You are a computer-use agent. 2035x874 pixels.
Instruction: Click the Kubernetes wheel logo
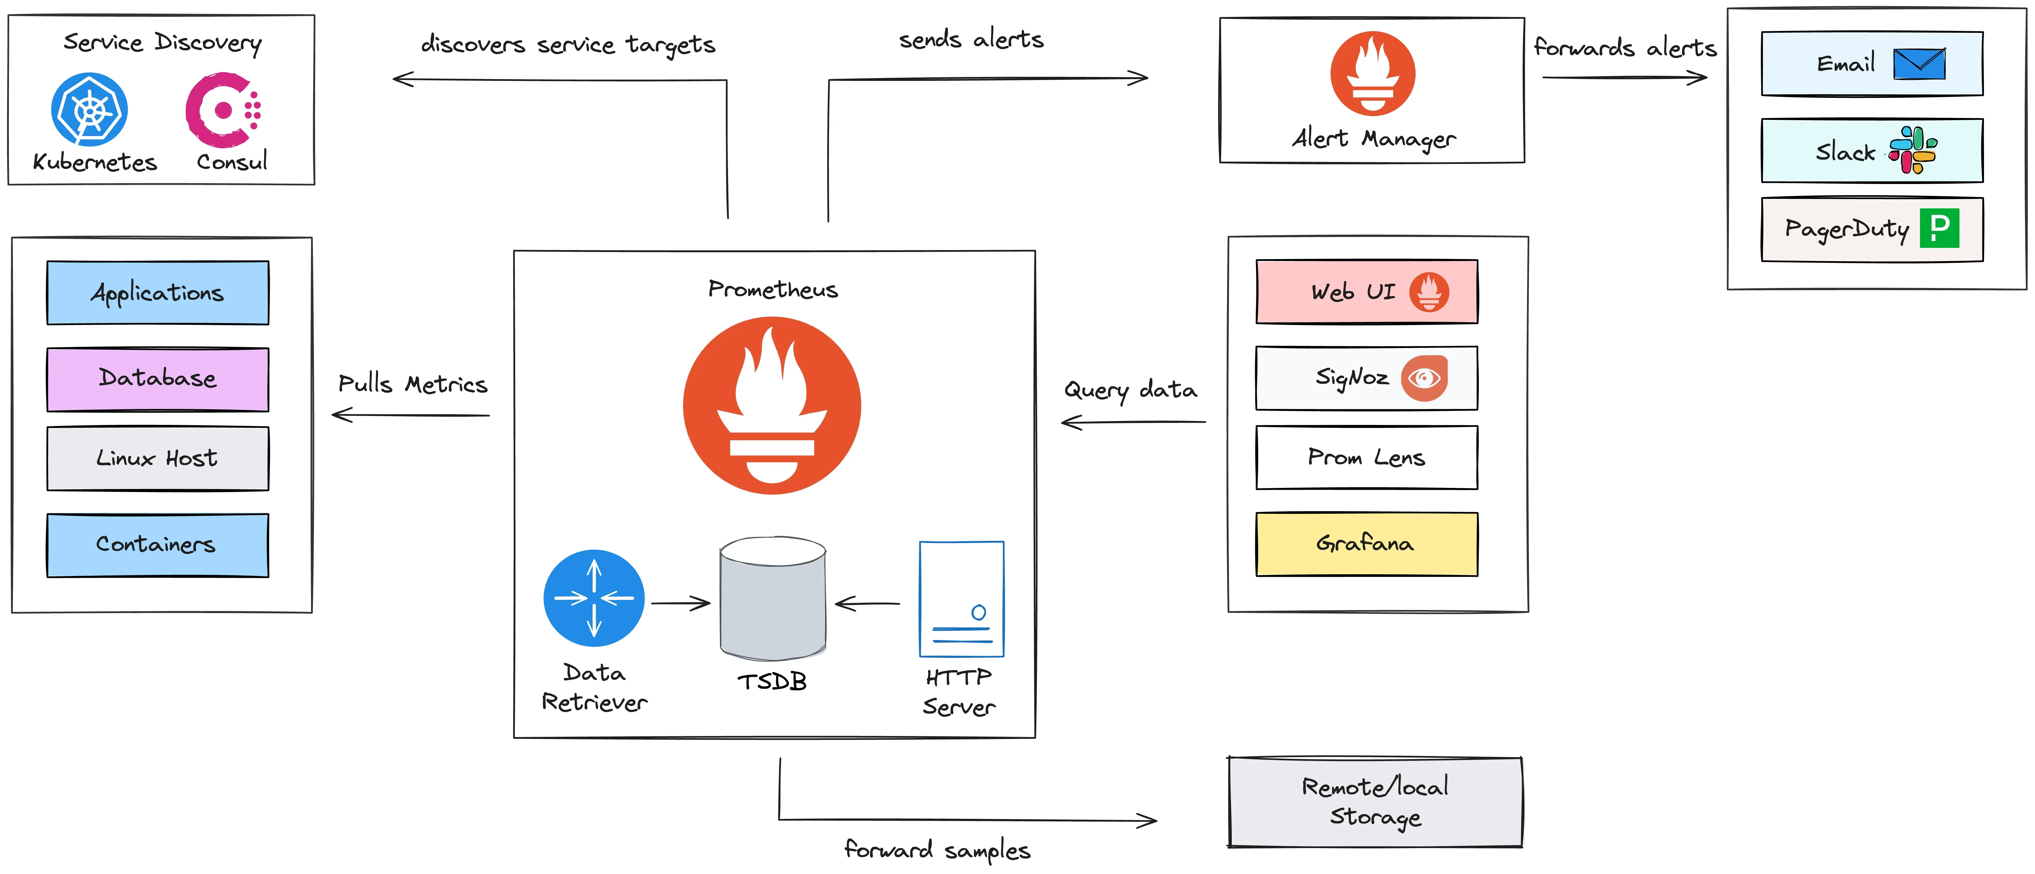click(89, 110)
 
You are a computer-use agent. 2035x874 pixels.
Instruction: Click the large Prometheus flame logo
click(772, 405)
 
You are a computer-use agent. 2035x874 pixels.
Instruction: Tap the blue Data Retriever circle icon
click(594, 598)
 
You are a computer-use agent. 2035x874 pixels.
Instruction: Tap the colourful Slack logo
click(1913, 150)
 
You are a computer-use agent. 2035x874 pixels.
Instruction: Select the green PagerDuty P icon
click(1939, 228)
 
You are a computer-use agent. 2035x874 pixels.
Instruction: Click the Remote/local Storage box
click(1375, 802)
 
